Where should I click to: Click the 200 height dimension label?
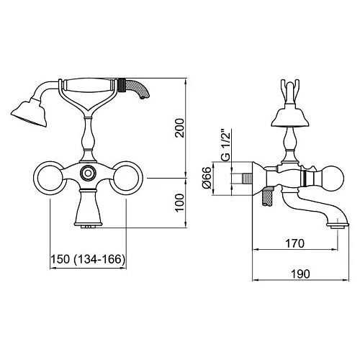point(180,128)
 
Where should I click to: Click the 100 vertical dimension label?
point(180,203)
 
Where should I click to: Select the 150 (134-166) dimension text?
point(88,259)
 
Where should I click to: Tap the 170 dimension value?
point(294,243)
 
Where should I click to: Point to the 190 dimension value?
point(300,274)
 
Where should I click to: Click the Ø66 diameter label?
point(207,178)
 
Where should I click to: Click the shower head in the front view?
point(30,113)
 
